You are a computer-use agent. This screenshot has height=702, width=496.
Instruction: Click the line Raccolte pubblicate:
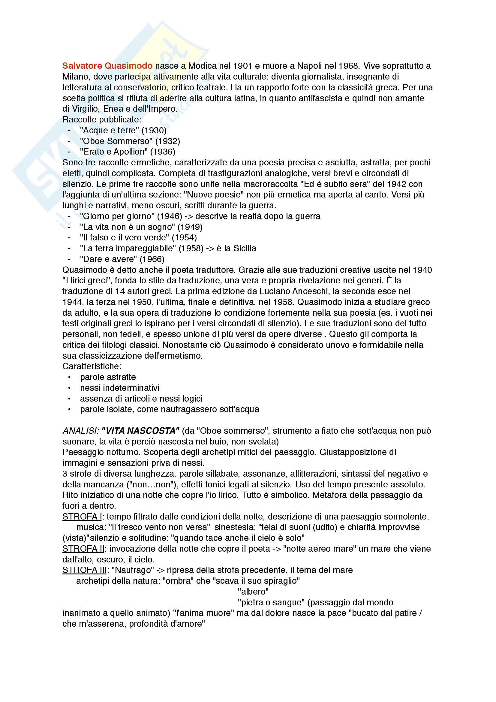click(102, 119)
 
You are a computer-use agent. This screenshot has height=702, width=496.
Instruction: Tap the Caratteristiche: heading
click(92, 366)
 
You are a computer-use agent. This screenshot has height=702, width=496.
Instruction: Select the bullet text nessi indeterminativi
click(120, 388)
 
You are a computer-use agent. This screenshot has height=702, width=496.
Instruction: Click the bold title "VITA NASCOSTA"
click(140, 431)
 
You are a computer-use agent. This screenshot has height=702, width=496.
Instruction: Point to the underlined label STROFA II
click(83, 549)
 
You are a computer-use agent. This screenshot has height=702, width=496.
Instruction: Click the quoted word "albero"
click(253, 592)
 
